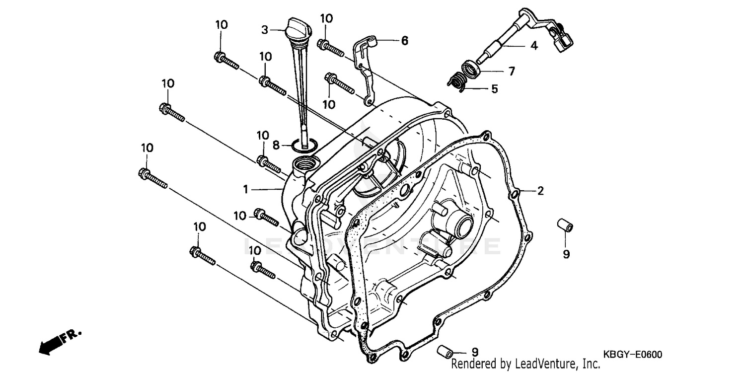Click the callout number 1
click(245, 189)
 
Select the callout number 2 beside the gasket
click(540, 190)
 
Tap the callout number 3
click(265, 30)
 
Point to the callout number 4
click(534, 46)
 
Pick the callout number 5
click(494, 89)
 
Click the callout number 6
click(404, 41)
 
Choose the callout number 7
click(512, 71)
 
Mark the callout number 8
click(276, 146)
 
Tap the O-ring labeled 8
click(303, 145)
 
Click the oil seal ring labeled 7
click(471, 67)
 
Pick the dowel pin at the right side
click(564, 224)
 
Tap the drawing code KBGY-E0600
click(633, 354)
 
